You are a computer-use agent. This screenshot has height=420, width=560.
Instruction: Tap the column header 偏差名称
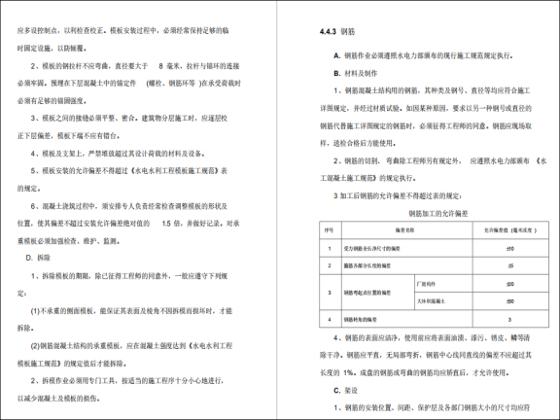pyautogui.click(x=385, y=230)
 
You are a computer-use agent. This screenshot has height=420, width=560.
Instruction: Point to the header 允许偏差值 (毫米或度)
pyautogui.click(x=497, y=230)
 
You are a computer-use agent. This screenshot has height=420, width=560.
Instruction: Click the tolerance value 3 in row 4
pyautogui.click(x=497, y=319)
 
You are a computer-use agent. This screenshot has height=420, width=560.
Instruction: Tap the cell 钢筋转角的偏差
pyautogui.click(x=365, y=319)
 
